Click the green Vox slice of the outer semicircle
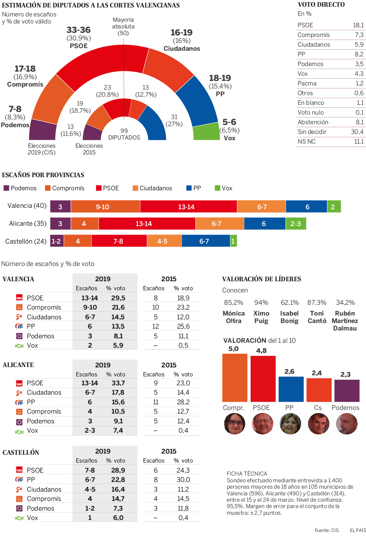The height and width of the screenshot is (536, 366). pyautogui.click(x=206, y=132)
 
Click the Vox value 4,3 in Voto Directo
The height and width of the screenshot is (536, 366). pyautogui.click(x=359, y=74)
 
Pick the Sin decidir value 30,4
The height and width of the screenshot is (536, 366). pyautogui.click(x=357, y=132)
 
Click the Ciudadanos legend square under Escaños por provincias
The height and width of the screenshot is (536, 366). pyautogui.click(x=135, y=188)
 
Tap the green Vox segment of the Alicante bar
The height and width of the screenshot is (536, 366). pyautogui.click(x=296, y=224)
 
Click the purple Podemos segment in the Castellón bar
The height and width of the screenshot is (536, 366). pyautogui.click(x=56, y=241)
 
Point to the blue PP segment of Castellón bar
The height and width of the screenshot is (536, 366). pyautogui.click(x=205, y=241)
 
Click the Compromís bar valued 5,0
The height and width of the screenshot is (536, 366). pyautogui.click(x=235, y=377)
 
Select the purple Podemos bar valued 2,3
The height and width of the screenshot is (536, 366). pyautogui.click(x=347, y=391)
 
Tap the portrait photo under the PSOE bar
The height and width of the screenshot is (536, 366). pyautogui.click(x=263, y=424)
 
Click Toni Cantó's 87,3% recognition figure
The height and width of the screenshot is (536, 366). pyautogui.click(x=317, y=303)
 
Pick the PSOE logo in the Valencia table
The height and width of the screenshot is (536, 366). pyautogui.click(x=19, y=298)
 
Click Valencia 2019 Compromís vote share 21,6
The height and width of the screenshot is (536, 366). pyautogui.click(x=118, y=307)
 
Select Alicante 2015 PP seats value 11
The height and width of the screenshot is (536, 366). pyautogui.click(x=156, y=402)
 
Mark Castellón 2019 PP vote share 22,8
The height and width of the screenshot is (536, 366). pyautogui.click(x=118, y=480)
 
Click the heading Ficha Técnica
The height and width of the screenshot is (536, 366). pyautogui.click(x=246, y=474)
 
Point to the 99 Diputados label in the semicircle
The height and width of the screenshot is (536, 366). pyautogui.click(x=124, y=134)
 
